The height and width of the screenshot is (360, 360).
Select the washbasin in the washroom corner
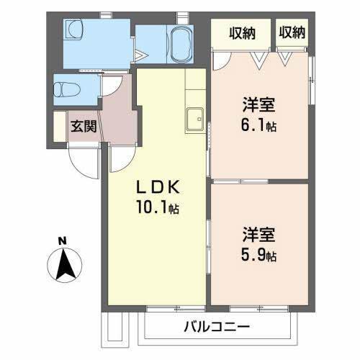click(75, 30)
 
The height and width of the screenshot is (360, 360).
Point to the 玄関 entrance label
click(81, 127)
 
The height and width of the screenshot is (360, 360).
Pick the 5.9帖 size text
click(259, 255)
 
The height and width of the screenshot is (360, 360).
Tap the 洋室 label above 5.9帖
click(259, 235)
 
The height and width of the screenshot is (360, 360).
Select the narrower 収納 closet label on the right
click(292, 32)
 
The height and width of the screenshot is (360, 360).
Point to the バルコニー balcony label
click(216, 326)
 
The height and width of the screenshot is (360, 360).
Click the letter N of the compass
click(63, 240)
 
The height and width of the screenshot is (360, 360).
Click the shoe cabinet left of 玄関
click(58, 127)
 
